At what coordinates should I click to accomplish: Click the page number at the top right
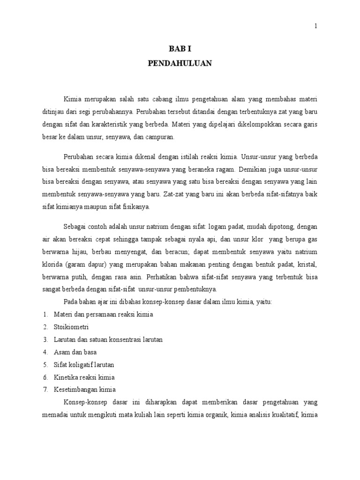316,26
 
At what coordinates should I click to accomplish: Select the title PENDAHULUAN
180,64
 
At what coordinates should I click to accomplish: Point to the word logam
220,227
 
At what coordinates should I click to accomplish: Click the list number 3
45,339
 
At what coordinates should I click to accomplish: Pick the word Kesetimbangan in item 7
75,389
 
